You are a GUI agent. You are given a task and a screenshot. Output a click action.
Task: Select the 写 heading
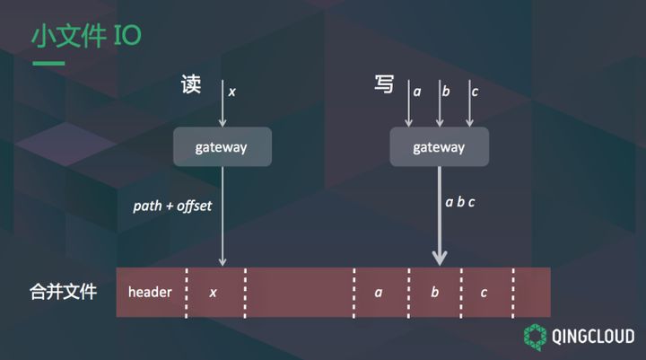click(x=384, y=86)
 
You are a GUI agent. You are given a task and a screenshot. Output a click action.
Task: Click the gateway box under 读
click(x=222, y=146)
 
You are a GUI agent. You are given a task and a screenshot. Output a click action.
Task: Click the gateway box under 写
click(x=439, y=146)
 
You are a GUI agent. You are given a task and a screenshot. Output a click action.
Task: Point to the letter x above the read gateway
click(x=232, y=92)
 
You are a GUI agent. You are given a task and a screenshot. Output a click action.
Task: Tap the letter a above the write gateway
click(x=417, y=91)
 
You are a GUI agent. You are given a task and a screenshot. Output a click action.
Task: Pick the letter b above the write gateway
click(x=446, y=91)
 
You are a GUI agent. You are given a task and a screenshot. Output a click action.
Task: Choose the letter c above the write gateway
click(x=475, y=91)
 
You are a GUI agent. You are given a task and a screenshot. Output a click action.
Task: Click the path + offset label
click(x=172, y=206)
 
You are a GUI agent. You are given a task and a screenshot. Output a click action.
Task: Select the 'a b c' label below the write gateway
click(x=460, y=202)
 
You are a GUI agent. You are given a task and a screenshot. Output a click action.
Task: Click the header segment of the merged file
click(x=150, y=293)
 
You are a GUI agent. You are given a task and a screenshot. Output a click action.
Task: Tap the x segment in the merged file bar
click(x=214, y=293)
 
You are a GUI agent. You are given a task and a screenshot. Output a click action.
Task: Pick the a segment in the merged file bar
click(x=380, y=293)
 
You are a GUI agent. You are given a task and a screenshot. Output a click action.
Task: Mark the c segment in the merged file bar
click(x=484, y=293)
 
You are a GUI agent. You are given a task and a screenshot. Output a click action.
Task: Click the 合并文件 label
click(x=61, y=293)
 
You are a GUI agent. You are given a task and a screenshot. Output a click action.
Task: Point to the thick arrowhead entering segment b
click(x=439, y=258)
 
